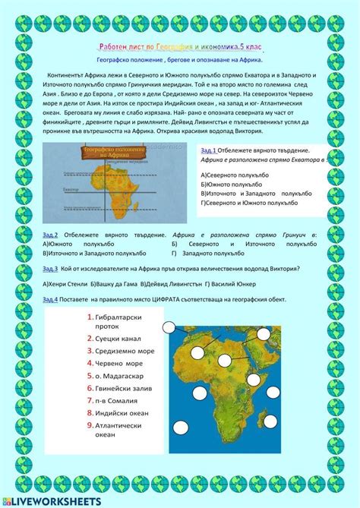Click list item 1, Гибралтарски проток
[x=121, y=321]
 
